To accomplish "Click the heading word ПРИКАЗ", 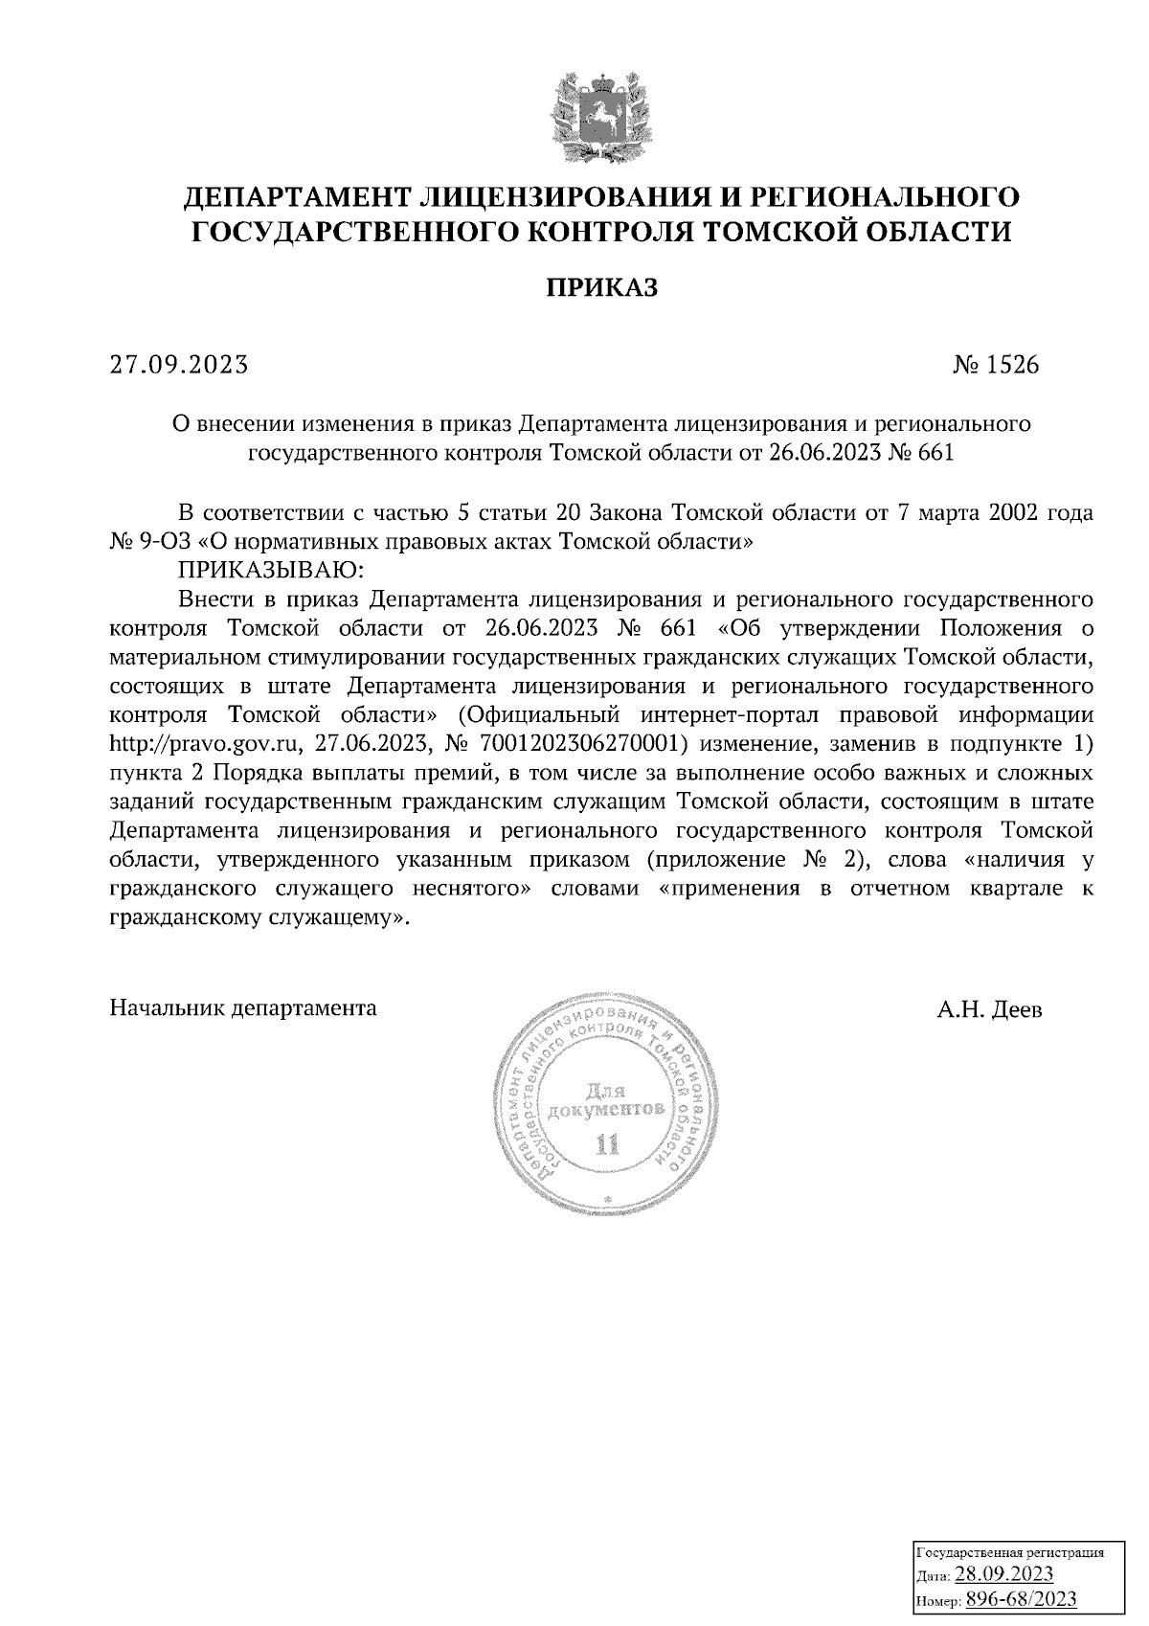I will pos(602,287).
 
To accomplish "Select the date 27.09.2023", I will pos(179,365).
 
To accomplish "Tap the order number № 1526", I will pos(995,365).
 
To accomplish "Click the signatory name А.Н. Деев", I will pos(990,1009).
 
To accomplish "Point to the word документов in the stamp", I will pos(604,1112).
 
